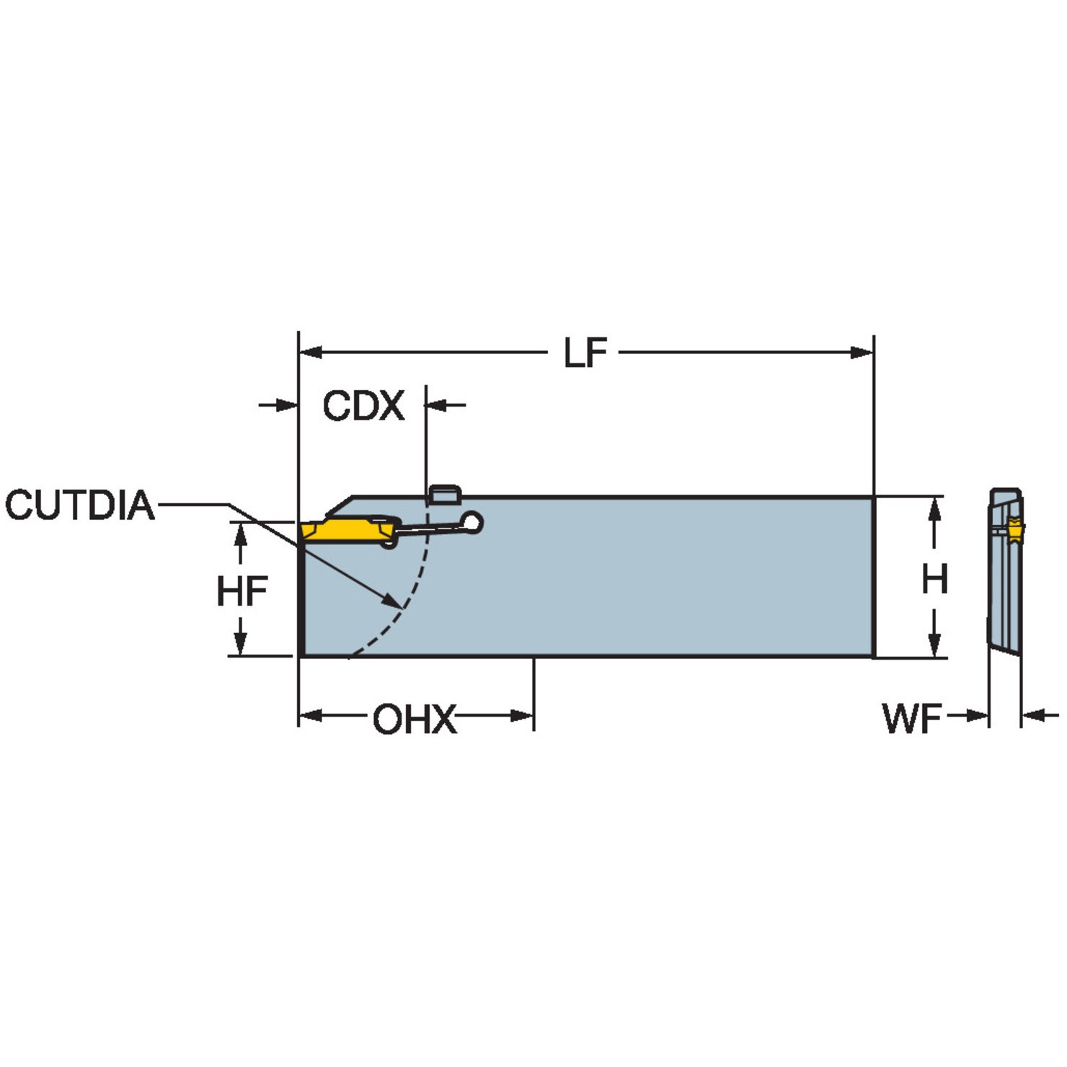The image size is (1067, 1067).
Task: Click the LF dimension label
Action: [x=585, y=353]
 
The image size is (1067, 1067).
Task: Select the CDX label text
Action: [x=363, y=406]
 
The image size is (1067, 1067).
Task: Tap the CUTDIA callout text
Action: [x=80, y=505]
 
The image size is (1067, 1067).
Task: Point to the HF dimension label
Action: [x=242, y=592]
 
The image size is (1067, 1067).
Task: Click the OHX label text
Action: [x=415, y=720]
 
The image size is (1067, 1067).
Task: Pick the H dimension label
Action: [x=934, y=579]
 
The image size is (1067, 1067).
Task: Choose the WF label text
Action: [x=912, y=718]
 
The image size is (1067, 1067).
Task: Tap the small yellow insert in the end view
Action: [x=1015, y=531]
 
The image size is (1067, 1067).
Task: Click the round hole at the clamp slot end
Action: [x=473, y=521]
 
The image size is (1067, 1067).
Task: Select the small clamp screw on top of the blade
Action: [x=444, y=494]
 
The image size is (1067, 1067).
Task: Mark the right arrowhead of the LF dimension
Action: [x=862, y=353]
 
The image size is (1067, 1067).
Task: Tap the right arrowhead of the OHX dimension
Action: [x=522, y=716]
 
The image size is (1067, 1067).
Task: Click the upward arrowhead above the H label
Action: [x=934, y=508]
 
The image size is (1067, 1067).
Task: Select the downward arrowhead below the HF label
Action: [x=241, y=644]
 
